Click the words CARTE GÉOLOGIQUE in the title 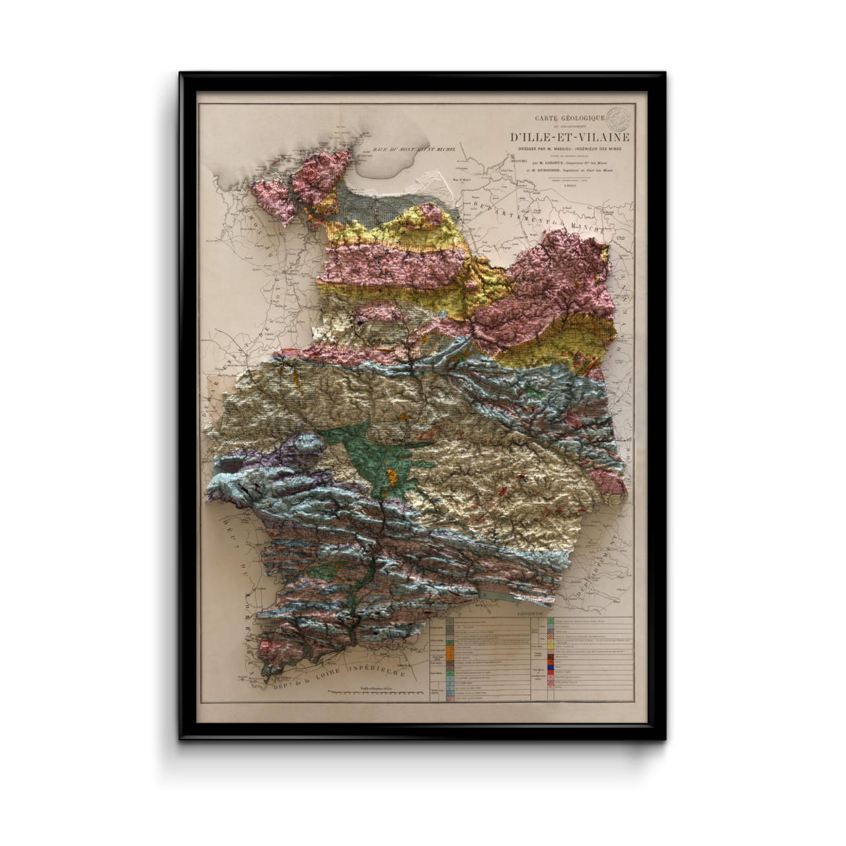click(570, 118)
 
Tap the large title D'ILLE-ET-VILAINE click(569, 137)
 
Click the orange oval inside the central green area click(393, 475)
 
